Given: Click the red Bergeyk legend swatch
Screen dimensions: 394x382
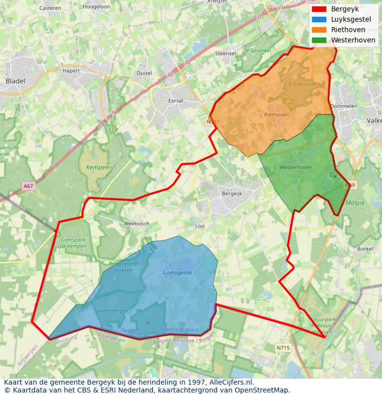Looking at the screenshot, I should click(x=319, y=9).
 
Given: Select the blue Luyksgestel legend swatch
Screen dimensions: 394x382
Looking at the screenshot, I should click(x=319, y=19).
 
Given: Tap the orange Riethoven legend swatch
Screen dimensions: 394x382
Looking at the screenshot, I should click(x=319, y=30).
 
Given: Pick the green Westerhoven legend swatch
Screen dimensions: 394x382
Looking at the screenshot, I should click(x=319, y=40).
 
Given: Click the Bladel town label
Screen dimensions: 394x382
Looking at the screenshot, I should click(x=15, y=80).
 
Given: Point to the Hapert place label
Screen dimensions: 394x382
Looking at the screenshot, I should click(x=71, y=71).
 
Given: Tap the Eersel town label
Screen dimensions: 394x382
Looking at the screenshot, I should click(x=176, y=101).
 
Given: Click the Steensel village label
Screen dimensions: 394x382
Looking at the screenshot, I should click(x=226, y=53).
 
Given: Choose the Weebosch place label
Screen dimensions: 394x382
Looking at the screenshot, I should click(x=137, y=224).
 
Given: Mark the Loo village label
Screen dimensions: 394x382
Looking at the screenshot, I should click(x=200, y=226).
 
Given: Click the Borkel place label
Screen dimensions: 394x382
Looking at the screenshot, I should click(x=365, y=249).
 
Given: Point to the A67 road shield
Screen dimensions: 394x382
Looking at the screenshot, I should click(x=29, y=186).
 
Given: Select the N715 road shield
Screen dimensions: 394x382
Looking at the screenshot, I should click(x=283, y=348).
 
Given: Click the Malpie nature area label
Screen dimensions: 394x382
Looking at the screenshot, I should click(x=355, y=202).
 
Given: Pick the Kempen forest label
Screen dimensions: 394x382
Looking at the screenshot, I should click(x=97, y=167).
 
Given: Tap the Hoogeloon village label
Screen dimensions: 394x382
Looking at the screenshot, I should click(x=97, y=7).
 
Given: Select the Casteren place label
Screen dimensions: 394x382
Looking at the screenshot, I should click(x=50, y=8).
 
